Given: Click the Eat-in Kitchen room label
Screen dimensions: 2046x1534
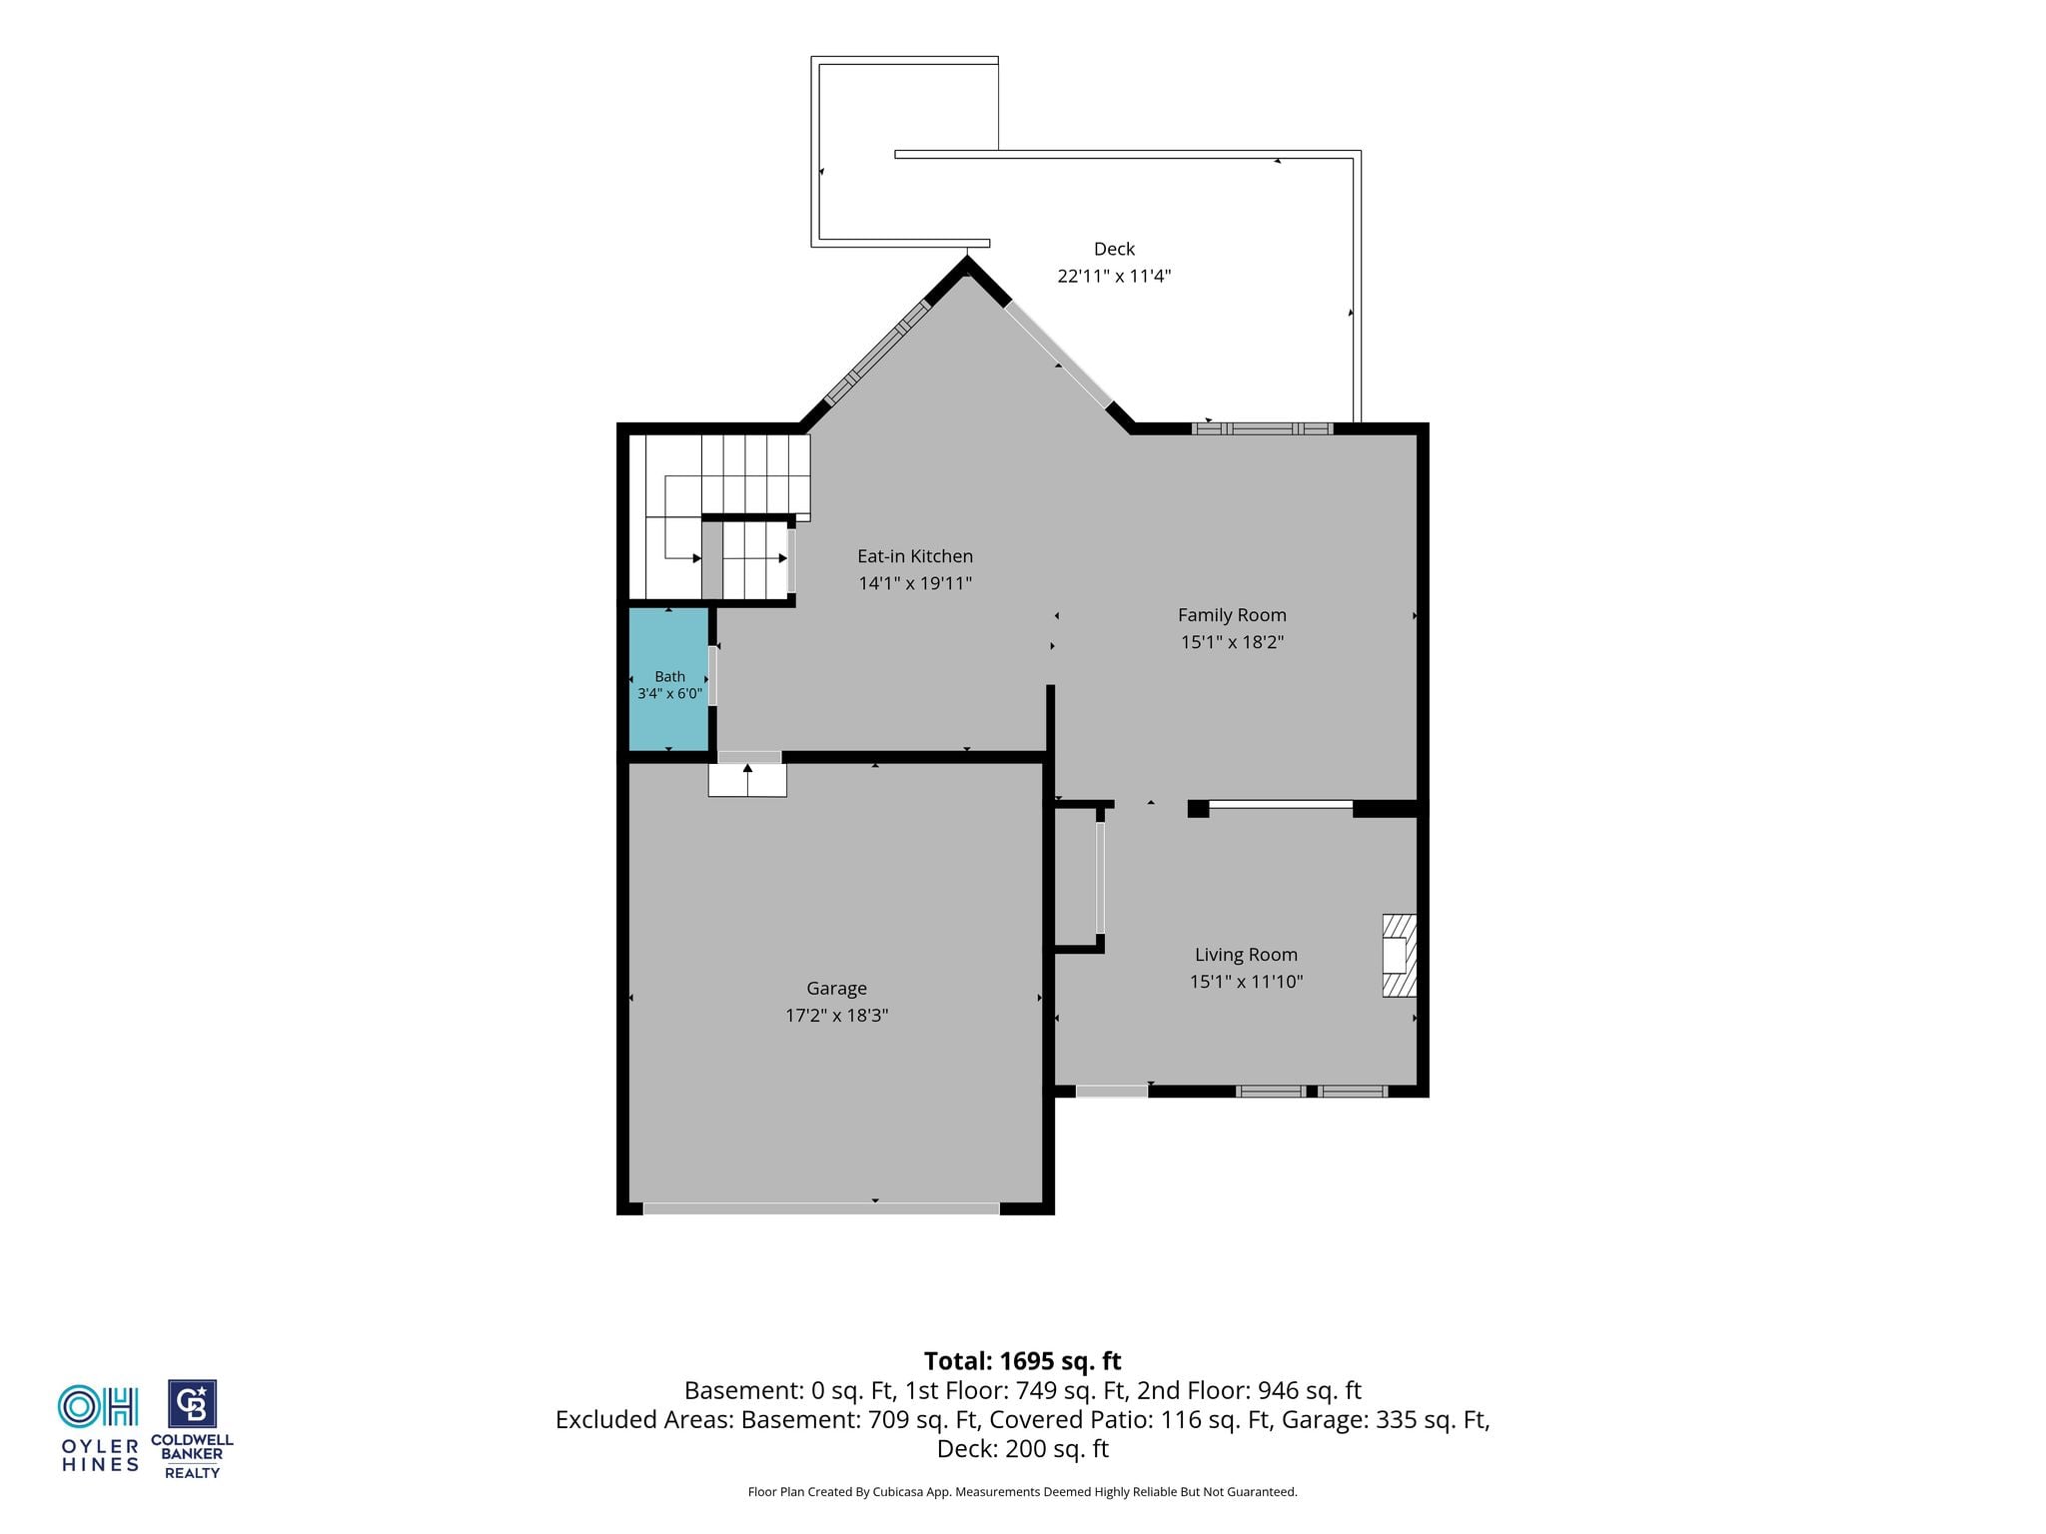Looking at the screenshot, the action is (914, 556).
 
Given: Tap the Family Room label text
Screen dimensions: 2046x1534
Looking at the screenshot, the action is (1232, 615).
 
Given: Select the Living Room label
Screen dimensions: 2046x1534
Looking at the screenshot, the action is (1246, 955).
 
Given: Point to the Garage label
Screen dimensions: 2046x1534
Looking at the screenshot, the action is (836, 989).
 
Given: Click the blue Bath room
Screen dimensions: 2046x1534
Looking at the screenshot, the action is (668, 679).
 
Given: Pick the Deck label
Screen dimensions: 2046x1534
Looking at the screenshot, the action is (1114, 249).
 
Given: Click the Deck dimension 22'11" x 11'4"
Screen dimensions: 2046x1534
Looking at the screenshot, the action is (1114, 276).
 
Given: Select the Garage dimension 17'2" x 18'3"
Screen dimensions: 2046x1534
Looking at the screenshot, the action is (836, 1016).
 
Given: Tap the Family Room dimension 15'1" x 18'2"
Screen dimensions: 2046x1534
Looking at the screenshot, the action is (1232, 642).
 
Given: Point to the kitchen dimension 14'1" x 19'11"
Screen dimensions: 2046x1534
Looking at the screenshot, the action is (914, 583).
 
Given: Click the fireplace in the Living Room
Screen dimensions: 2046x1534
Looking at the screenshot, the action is (1399, 956).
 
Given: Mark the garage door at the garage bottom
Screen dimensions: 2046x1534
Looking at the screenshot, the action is (820, 1208).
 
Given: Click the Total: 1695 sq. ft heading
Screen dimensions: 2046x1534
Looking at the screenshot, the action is (1022, 1361).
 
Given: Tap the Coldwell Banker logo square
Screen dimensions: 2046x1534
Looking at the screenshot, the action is (192, 1405).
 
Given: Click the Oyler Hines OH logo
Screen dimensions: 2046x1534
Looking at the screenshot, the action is (98, 1406).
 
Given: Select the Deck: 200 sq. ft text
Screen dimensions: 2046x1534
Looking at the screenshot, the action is (1022, 1449).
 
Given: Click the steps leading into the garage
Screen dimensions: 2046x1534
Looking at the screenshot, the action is (747, 779).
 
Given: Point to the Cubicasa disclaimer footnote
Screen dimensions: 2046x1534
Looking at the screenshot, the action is (1022, 1492).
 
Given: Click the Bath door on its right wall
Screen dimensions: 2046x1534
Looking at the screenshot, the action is (713, 676).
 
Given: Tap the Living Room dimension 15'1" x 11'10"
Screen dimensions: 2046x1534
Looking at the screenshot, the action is (1246, 982).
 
